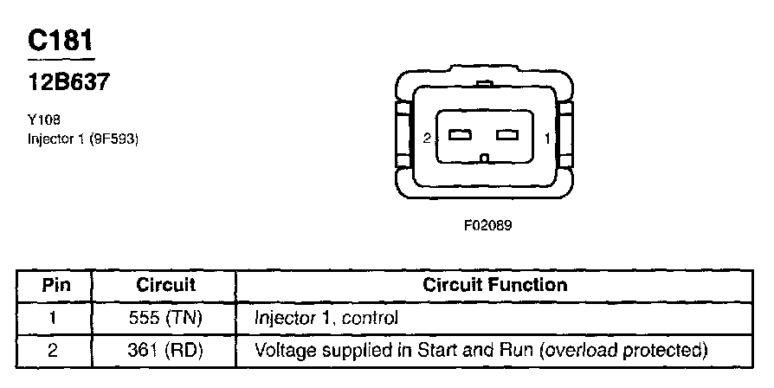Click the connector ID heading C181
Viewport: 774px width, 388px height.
tap(61, 42)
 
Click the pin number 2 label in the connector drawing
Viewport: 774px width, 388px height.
tap(427, 138)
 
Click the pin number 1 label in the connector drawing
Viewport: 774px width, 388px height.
tap(547, 138)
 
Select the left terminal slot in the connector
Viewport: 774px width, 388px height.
tap(460, 136)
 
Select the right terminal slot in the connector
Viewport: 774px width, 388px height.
tap(506, 136)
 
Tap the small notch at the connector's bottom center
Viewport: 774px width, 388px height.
tap(487, 158)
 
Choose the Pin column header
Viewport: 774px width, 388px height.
tap(54, 285)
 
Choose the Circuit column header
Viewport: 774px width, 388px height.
tap(165, 285)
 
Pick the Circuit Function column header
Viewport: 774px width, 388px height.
tap(494, 285)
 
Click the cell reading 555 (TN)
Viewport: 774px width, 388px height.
tap(165, 318)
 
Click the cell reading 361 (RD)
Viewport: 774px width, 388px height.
tap(165, 351)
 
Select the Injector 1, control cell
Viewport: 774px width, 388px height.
tap(326, 318)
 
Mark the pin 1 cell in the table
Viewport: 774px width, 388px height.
tap(54, 318)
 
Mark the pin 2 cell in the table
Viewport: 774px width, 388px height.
tap(54, 351)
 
